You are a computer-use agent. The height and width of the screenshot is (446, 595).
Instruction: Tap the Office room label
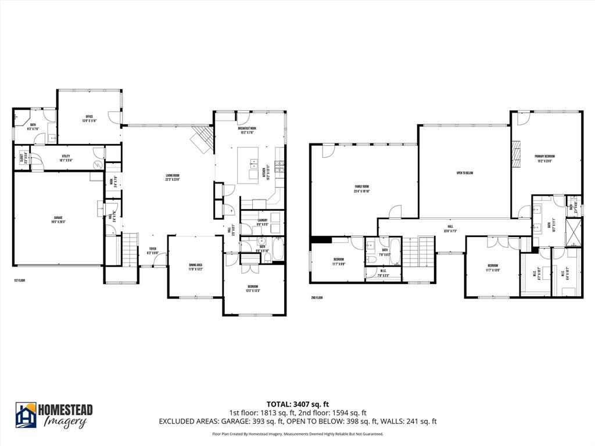coord(89,118)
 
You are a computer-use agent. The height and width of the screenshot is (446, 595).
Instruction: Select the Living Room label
coord(172,177)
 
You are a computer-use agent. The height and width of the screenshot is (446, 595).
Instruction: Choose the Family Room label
coord(363,188)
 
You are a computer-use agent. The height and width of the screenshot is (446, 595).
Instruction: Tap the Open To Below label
coord(464,172)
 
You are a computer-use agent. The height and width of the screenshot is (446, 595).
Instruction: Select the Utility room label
coord(66,157)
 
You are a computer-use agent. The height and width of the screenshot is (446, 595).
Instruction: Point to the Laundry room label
coord(262,222)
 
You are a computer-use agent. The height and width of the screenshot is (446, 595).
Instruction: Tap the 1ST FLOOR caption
coord(20,280)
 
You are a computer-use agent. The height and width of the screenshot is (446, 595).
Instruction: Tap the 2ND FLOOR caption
coord(317,298)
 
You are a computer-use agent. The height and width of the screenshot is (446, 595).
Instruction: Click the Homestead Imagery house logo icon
coord(26,415)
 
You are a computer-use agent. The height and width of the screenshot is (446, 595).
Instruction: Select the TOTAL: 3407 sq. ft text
coord(297,404)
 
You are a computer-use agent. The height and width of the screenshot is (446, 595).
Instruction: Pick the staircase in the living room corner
coord(202,139)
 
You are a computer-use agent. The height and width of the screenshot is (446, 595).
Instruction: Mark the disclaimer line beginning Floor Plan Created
coord(297,434)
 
